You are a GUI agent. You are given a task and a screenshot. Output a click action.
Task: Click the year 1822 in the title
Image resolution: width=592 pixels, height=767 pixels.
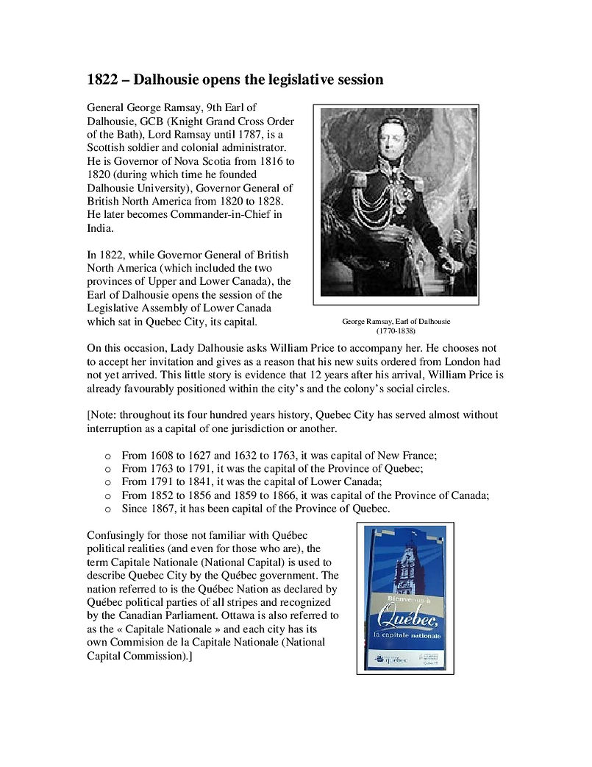point(103,79)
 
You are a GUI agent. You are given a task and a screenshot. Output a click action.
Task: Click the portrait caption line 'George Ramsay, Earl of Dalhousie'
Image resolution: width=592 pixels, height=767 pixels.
point(396,322)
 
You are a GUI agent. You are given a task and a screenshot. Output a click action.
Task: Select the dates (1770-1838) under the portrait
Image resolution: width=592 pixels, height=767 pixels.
point(396,331)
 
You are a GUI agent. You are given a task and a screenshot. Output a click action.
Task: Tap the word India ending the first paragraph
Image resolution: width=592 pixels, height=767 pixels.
point(100,227)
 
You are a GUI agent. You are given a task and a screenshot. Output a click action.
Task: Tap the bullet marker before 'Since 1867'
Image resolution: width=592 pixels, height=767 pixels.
point(107,509)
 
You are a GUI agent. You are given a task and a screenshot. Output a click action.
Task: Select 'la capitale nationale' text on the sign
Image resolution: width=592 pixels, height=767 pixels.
point(407,634)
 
